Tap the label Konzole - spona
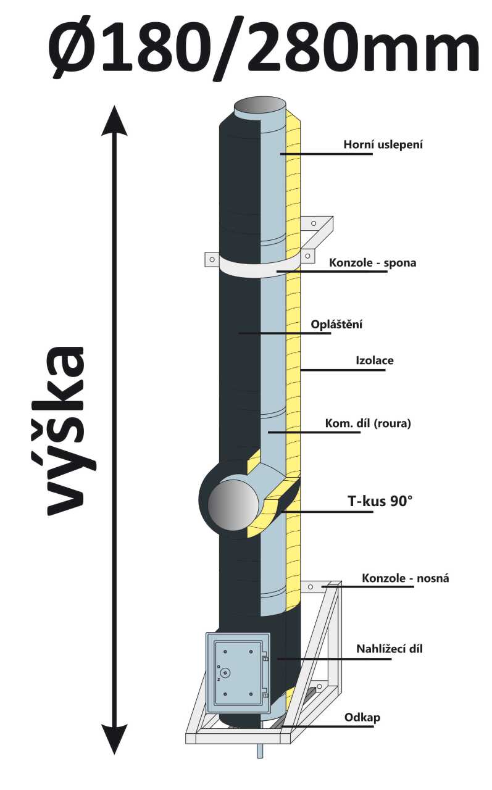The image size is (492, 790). [x=372, y=263]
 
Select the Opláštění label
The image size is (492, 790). [x=335, y=324]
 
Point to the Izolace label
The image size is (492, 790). [x=375, y=360]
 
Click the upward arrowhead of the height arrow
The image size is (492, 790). [x=114, y=120]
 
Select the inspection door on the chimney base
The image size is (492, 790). [x=238, y=673]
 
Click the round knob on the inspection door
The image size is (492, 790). [x=226, y=673]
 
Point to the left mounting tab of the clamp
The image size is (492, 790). [x=211, y=259]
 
